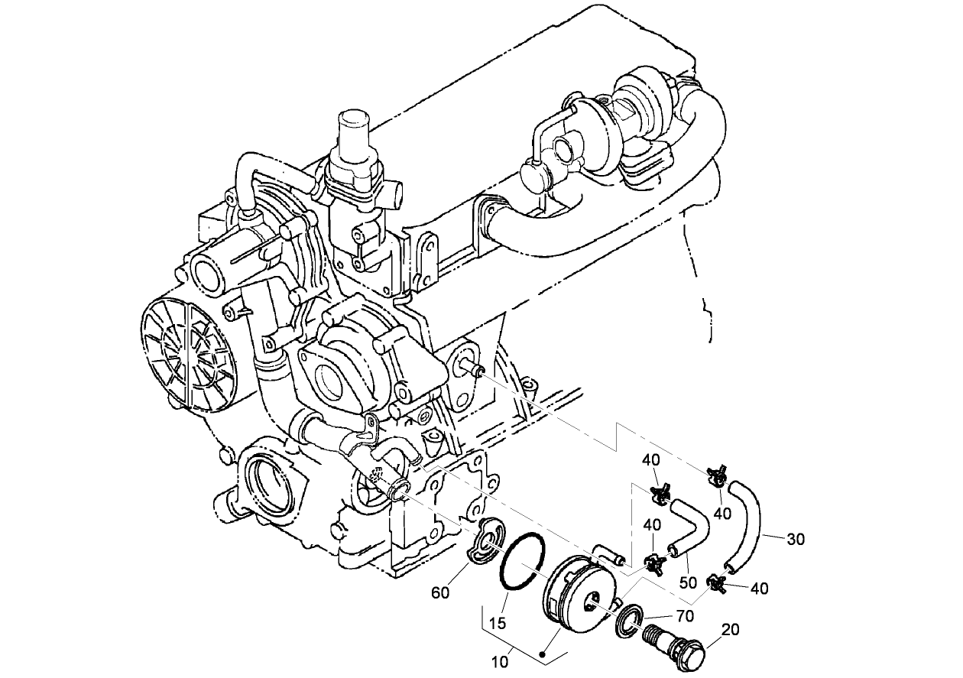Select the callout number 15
[x=498, y=623]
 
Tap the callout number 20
[x=730, y=630]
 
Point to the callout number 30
[x=796, y=539]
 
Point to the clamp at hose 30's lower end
[x=716, y=583]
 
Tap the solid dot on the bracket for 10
[x=542, y=655]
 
